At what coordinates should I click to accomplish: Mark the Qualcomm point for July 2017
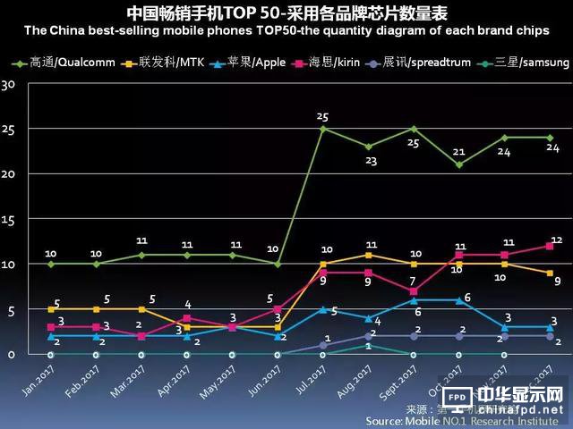[322, 129]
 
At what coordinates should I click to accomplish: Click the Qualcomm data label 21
[459, 151]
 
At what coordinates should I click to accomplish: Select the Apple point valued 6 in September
[414, 300]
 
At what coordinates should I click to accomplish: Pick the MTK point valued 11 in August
[368, 255]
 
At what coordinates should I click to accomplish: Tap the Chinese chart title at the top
[286, 13]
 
